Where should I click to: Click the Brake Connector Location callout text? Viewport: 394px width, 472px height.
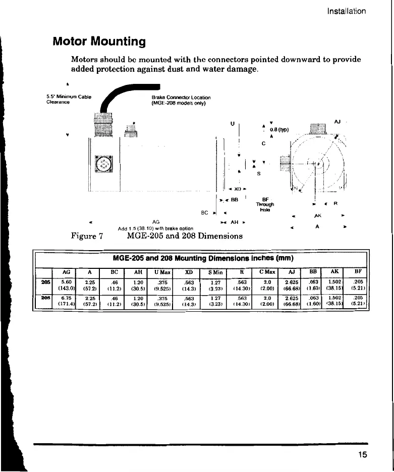(181, 101)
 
